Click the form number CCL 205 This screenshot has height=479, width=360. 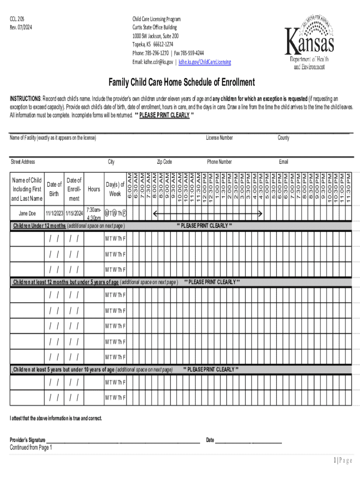pos(17,19)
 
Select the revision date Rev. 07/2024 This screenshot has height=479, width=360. pos(21,28)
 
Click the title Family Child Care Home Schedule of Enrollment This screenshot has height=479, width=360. pos(182,83)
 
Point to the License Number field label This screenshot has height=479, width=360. pos(219,138)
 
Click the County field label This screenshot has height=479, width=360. pos(283,138)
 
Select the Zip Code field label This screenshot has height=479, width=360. pos(164,162)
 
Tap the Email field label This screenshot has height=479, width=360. pos(283,162)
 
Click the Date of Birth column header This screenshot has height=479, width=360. pos(54,189)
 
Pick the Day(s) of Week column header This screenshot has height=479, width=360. pos(115,189)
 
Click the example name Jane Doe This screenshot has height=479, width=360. pos(27,214)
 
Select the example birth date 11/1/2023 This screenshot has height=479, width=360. pos(54,214)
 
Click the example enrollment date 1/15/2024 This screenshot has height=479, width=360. pos(74,214)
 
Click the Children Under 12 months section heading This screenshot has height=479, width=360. pos(39,226)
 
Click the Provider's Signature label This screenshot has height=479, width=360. pos(28,440)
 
